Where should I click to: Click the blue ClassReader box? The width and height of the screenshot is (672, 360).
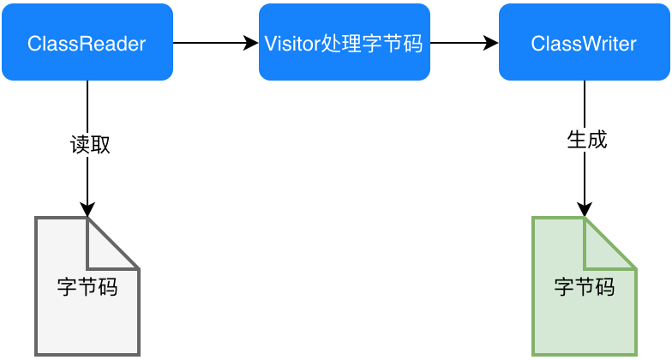click(x=87, y=43)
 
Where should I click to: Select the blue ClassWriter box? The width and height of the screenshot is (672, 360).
click(x=584, y=43)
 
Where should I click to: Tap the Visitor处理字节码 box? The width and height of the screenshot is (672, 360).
click(x=344, y=43)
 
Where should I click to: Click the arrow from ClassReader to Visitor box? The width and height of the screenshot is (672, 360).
click(x=214, y=43)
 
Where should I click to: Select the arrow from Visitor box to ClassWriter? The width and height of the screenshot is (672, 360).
click(x=463, y=43)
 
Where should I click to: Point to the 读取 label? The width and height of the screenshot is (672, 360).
click(x=89, y=144)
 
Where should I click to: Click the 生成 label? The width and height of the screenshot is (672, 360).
click(x=586, y=140)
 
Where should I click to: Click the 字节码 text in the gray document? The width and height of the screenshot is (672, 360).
click(x=87, y=286)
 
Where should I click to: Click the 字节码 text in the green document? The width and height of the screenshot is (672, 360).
click(x=584, y=286)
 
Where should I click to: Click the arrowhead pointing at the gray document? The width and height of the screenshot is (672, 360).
click(x=87, y=210)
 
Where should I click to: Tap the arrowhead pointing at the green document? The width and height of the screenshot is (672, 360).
click(x=585, y=210)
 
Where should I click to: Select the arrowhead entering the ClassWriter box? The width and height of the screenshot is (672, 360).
click(x=491, y=43)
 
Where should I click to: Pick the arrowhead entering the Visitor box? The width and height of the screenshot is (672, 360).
click(x=251, y=43)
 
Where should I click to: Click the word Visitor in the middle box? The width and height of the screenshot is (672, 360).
click(x=291, y=43)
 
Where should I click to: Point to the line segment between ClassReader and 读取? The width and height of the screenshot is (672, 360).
click(x=87, y=105)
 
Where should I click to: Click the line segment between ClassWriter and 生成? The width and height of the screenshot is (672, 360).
click(x=585, y=103)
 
